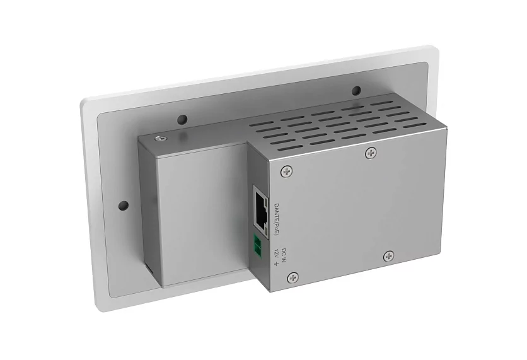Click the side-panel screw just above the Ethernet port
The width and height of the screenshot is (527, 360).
coord(287,170)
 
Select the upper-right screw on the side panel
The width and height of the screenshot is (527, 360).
coord(371,152)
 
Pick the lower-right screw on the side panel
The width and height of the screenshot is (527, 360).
coord(389,256)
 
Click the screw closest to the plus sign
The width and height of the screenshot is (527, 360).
coord(293,277)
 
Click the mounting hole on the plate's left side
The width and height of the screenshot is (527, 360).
coord(124,206)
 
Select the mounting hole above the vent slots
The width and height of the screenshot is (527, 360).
coord(356,90)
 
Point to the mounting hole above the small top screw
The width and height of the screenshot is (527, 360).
coord(183,119)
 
